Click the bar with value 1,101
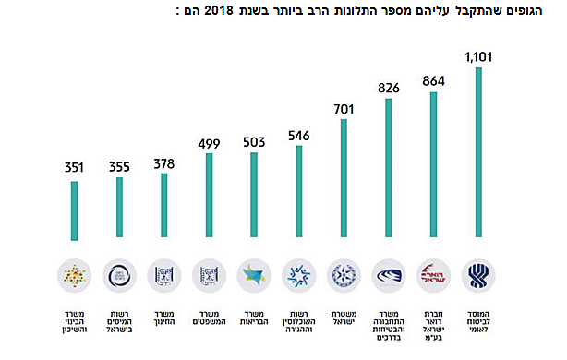478,152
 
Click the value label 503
253,141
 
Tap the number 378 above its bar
163,162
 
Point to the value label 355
119,167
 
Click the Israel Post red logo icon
433,274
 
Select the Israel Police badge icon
344,274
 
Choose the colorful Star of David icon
74,274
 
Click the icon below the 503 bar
253,274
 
